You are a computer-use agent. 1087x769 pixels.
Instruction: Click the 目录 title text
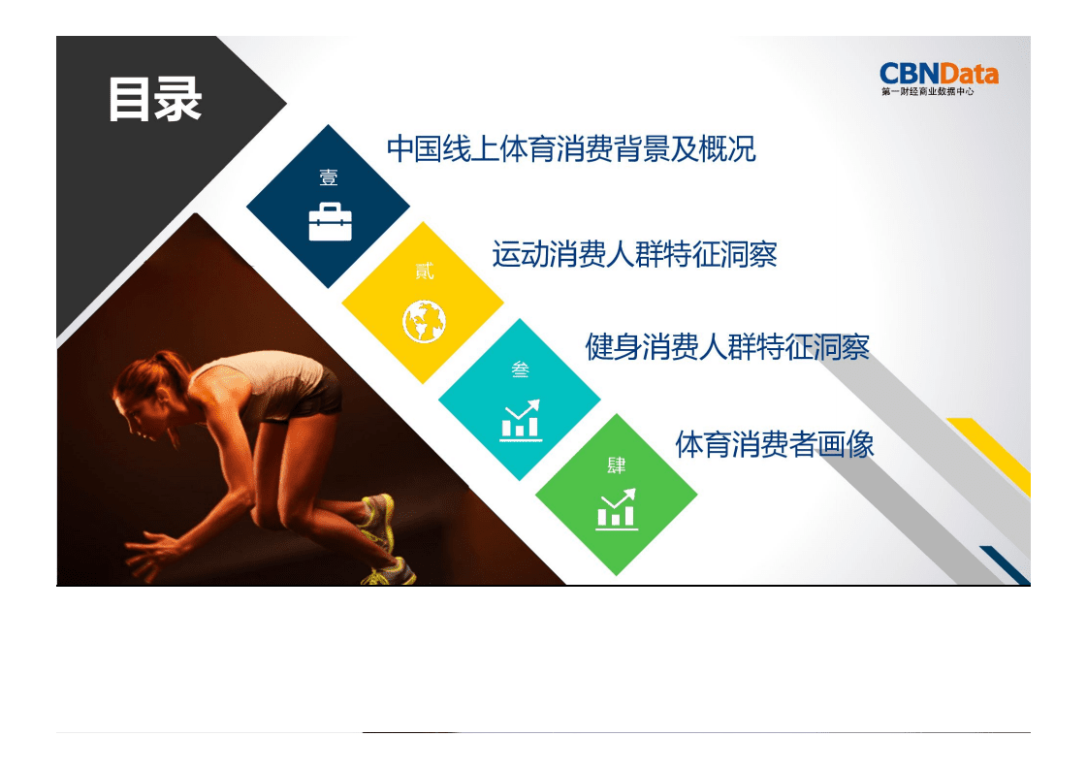[154, 99]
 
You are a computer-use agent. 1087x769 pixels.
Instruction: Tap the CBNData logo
[938, 74]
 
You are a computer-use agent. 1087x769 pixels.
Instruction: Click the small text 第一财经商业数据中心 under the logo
[927, 92]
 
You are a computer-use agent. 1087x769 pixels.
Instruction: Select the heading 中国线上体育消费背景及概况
[570, 149]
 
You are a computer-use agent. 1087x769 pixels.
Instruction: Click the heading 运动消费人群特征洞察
[634, 254]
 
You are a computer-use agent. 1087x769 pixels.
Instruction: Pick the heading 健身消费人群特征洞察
[726, 346]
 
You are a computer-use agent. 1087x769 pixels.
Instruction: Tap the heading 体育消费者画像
[774, 444]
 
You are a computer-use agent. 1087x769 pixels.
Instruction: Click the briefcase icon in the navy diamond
[330, 222]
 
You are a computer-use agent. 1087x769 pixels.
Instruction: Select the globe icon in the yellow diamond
[424, 321]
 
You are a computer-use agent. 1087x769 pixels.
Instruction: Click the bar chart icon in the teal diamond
[521, 420]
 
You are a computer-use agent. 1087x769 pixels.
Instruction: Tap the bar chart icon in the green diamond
[617, 509]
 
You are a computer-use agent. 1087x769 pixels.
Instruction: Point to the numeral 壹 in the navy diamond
[329, 177]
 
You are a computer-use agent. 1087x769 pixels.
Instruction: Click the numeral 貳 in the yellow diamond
[425, 272]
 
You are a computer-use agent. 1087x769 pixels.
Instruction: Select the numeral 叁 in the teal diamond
[521, 369]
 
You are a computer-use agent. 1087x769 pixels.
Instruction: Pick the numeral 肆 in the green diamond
[617, 465]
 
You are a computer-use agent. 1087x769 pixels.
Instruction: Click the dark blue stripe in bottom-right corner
[1005, 565]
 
